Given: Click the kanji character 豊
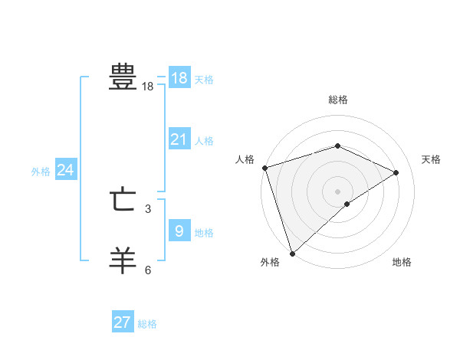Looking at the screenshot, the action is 123,77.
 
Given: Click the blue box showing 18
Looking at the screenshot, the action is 179,78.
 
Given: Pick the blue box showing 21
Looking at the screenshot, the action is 179,139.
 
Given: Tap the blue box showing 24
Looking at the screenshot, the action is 66,170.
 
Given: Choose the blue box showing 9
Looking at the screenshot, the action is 179,231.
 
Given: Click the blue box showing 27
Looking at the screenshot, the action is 123,322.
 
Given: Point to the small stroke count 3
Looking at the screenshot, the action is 148,208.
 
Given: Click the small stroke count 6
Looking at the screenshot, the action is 148,270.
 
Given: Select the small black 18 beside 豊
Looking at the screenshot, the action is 148,87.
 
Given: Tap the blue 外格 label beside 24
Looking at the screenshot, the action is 41,172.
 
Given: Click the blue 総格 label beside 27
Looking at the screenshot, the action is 147,324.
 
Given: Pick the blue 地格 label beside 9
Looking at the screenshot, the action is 204,233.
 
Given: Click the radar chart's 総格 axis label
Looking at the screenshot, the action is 337,100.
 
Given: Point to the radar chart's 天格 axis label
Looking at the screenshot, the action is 431,159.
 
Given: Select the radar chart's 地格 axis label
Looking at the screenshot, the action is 402,262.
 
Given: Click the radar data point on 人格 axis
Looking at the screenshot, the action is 264,168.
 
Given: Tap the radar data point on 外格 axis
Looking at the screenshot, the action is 292,252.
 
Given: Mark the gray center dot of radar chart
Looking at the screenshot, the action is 337,191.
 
